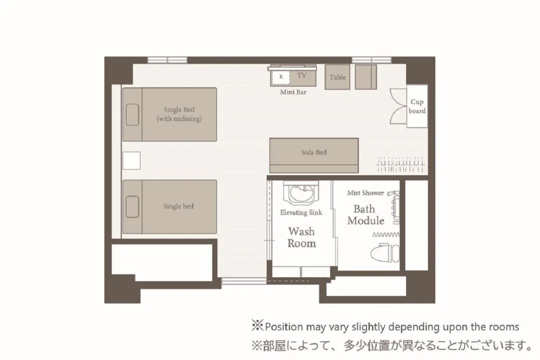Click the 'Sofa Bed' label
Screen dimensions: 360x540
[x=314, y=152]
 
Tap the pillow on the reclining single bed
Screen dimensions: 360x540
[x=132, y=114]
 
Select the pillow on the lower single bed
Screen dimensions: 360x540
[x=132, y=207]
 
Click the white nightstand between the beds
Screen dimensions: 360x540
[x=132, y=160]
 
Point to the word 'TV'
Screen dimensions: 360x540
[x=302, y=75]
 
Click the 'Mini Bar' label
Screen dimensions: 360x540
[x=293, y=92]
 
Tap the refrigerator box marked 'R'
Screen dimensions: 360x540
[x=281, y=77]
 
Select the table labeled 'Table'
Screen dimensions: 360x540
[x=337, y=77]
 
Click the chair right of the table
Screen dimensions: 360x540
[x=366, y=77]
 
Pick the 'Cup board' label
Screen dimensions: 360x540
[x=417, y=106]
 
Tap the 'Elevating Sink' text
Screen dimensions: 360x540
[x=301, y=212]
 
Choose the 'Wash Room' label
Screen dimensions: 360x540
[x=301, y=237]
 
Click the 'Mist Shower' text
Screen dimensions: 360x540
[x=365, y=193]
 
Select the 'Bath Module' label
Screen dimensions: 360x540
[x=365, y=215]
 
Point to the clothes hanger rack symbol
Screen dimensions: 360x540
[x=400, y=164]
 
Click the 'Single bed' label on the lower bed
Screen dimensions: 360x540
[x=178, y=206]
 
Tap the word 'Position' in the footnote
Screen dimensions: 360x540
[x=284, y=327]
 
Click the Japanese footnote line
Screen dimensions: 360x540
[x=392, y=345]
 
